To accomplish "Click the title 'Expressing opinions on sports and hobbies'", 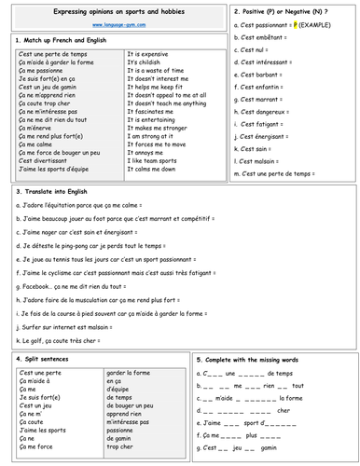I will [116, 11].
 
